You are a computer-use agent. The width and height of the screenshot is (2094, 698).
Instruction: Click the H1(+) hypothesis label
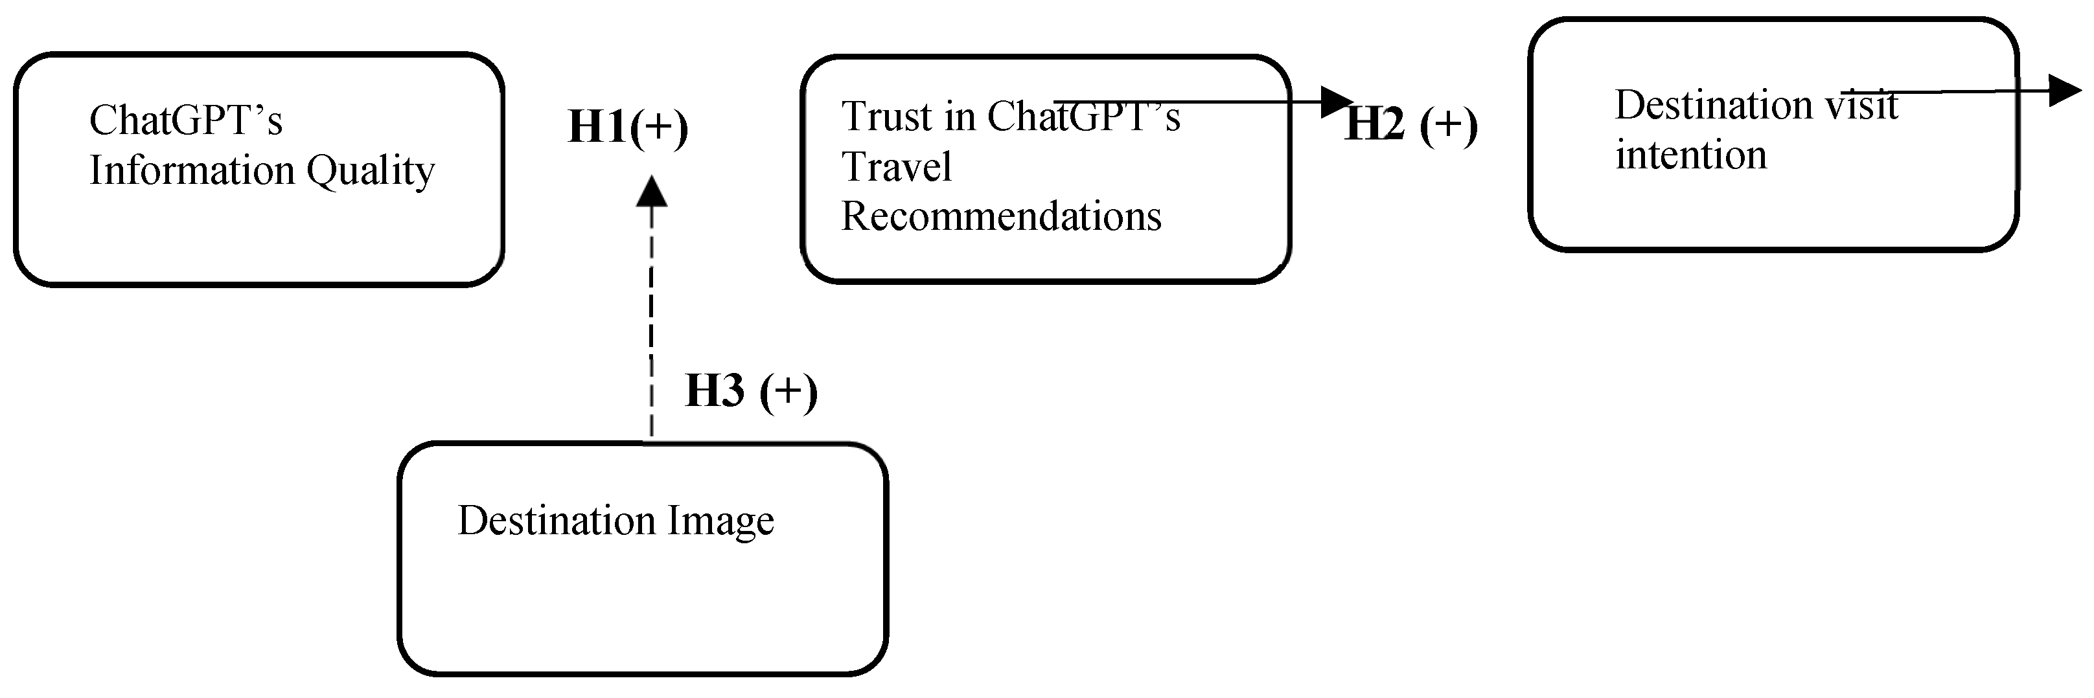click(x=628, y=127)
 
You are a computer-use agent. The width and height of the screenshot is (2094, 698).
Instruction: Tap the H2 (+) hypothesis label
click(x=1411, y=125)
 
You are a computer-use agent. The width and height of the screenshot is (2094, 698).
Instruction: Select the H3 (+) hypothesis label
click(x=750, y=391)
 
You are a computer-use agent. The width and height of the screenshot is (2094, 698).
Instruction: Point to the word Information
click(x=192, y=171)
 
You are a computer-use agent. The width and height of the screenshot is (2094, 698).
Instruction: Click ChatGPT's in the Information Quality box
click(x=185, y=120)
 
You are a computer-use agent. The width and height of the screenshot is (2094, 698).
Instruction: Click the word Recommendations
click(x=1000, y=216)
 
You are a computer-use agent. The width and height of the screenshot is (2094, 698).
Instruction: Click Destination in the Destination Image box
click(x=557, y=521)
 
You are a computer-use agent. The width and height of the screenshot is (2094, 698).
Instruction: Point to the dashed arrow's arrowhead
click(x=651, y=192)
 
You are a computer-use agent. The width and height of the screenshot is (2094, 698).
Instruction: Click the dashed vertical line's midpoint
click(x=651, y=325)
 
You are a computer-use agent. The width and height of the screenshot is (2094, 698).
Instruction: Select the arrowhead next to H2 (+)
click(x=1337, y=102)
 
